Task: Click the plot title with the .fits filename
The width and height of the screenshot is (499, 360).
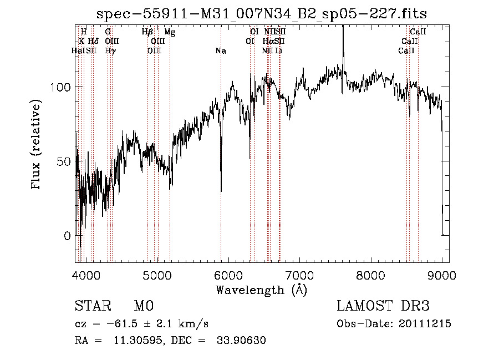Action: (x=262, y=13)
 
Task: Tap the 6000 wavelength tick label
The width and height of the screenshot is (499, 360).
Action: (x=228, y=275)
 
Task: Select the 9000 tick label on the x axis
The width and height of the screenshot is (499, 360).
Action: (x=442, y=275)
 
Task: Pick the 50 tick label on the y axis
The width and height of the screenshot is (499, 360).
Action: (x=64, y=161)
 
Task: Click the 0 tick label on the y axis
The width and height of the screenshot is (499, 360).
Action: (x=67, y=236)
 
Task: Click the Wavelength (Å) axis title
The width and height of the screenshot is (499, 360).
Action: (x=261, y=290)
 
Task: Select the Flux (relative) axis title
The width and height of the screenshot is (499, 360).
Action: (x=37, y=144)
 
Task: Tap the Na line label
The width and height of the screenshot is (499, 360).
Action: (x=221, y=51)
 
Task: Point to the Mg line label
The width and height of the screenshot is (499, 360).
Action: (x=170, y=32)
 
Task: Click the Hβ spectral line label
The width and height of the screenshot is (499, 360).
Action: (x=147, y=32)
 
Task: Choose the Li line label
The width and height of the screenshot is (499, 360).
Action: (x=279, y=51)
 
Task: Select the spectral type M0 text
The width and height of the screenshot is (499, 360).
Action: (x=144, y=306)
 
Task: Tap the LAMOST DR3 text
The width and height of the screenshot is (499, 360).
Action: (x=383, y=306)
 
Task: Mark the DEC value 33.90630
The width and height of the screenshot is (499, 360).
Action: (x=242, y=341)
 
